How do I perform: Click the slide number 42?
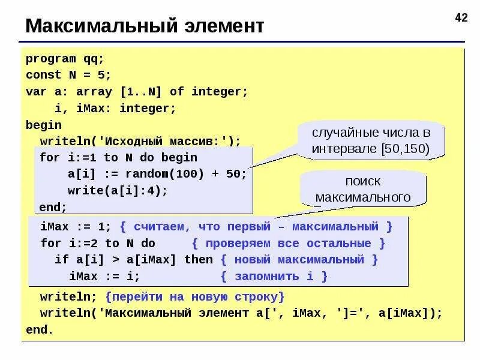coord(461,18)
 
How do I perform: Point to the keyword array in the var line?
coord(95,92)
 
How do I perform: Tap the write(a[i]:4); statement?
coord(117,191)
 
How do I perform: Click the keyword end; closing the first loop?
coord(53,207)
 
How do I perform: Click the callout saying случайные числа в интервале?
coord(371,141)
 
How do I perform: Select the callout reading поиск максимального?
coord(363,189)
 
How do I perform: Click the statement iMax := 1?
coord(76,227)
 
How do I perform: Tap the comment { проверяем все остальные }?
coord(289,244)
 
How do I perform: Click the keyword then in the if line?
coord(199,260)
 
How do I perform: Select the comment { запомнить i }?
coord(274,277)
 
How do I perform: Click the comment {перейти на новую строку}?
coord(194,297)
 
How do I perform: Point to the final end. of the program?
coord(40,330)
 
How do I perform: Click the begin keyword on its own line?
coord(44,125)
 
